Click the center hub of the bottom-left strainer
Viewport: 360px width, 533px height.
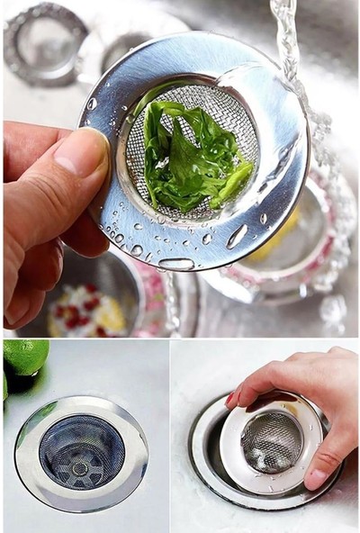pos(82,467)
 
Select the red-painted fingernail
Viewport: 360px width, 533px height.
pos(233,398)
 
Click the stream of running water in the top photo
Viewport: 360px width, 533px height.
pos(286,41)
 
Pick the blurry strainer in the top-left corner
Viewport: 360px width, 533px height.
pos(45,41)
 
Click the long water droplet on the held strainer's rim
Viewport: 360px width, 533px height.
pos(238,237)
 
